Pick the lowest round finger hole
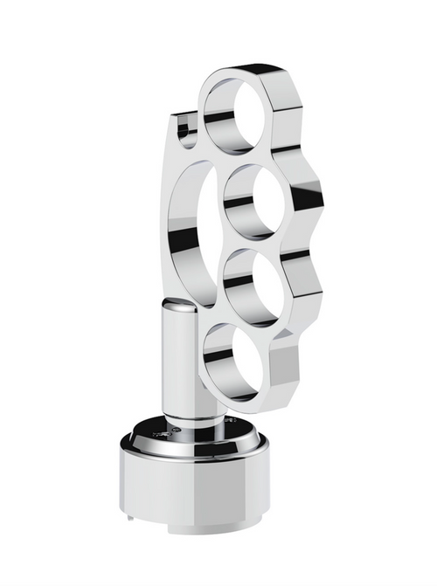pyautogui.click(x=237, y=359)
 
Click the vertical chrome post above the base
pyautogui.click(x=180, y=367)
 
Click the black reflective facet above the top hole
pyautogui.click(x=253, y=70)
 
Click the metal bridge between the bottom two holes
pyautogui.click(x=253, y=321)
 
